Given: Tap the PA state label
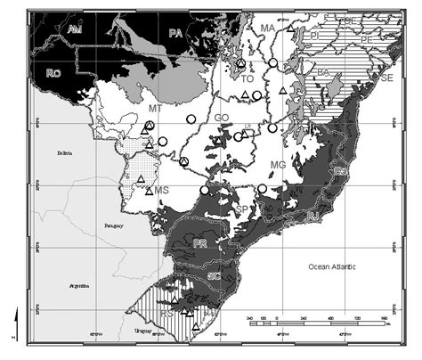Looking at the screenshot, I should click(x=176, y=33).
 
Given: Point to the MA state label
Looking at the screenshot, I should click(x=267, y=29).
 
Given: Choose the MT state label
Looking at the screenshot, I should click(x=155, y=108).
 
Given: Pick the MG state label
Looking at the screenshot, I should click(x=278, y=166).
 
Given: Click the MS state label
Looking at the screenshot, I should click(x=161, y=190).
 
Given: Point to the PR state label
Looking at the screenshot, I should click(x=201, y=242).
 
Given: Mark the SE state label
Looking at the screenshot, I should click(x=385, y=78).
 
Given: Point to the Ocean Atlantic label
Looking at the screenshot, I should click(x=334, y=266).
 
